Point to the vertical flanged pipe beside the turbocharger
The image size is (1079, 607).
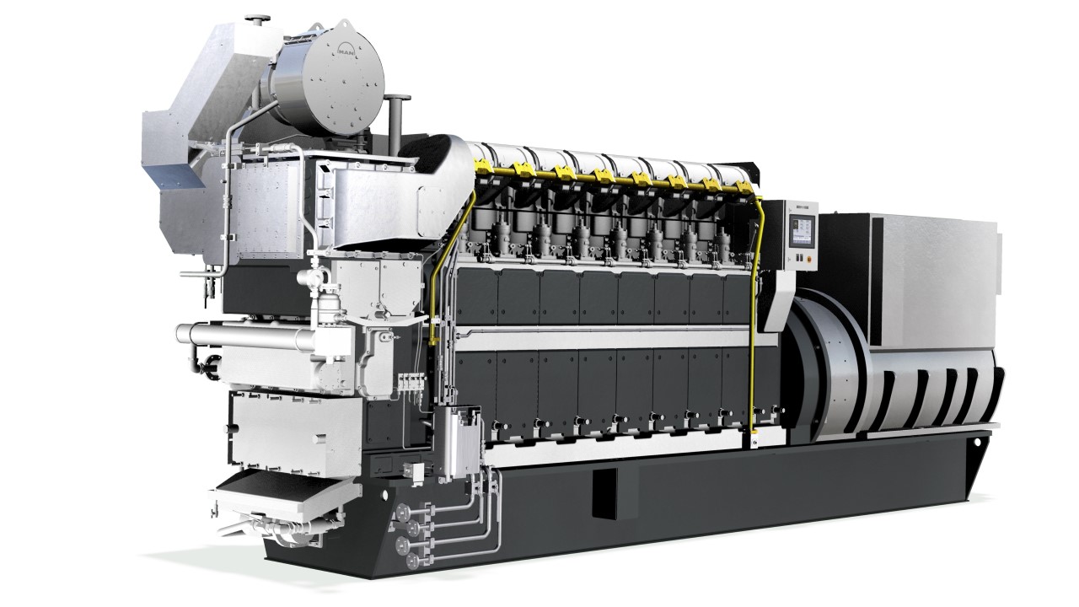[x=394, y=118]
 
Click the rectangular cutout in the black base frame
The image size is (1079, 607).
[x=604, y=492]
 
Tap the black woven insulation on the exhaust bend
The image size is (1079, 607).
[x=426, y=152]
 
